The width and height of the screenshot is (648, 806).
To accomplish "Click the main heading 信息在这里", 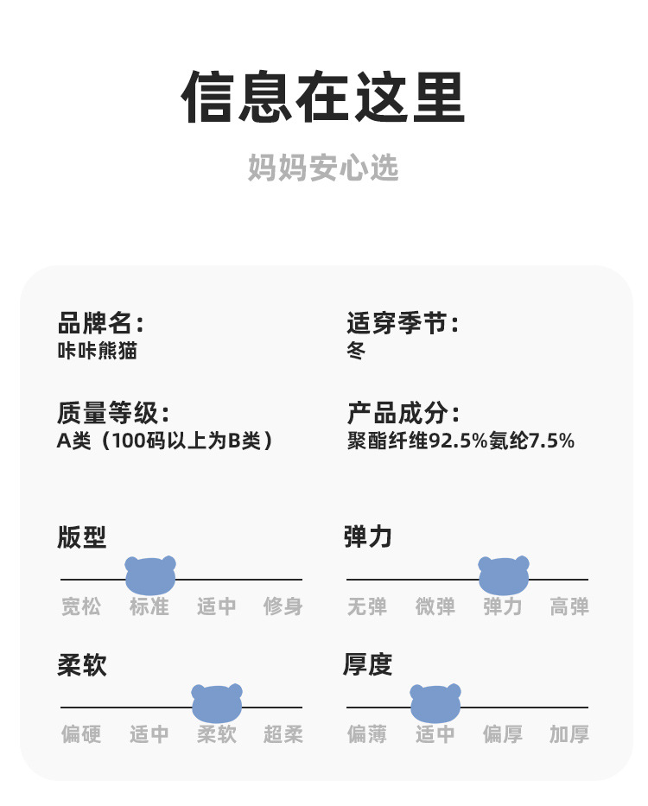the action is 323,97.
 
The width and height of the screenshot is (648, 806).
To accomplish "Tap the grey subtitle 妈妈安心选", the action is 323,168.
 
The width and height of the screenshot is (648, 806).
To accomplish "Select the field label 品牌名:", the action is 100,324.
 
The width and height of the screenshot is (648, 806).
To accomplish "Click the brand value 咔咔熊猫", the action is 97,351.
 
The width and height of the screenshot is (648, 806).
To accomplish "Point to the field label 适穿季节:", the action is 403,324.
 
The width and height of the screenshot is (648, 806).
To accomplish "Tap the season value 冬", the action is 356,351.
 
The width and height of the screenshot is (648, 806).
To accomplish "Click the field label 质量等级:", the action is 113,413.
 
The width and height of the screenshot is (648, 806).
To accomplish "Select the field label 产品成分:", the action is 403,413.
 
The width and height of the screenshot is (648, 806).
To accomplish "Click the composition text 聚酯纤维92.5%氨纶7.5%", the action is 461,441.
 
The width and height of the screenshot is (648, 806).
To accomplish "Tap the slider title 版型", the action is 82,536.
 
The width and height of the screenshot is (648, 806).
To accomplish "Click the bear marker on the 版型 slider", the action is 150,574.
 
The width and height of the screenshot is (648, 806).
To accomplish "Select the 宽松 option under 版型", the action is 81,606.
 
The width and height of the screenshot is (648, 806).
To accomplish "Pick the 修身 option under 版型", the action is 283,606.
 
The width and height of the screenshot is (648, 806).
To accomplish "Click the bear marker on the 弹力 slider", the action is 504,574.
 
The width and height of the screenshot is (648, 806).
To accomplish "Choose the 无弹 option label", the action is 367,606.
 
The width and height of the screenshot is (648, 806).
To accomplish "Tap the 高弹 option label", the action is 569,606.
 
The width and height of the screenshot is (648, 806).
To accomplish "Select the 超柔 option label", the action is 283,734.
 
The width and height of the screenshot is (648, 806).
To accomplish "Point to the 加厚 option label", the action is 569,734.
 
